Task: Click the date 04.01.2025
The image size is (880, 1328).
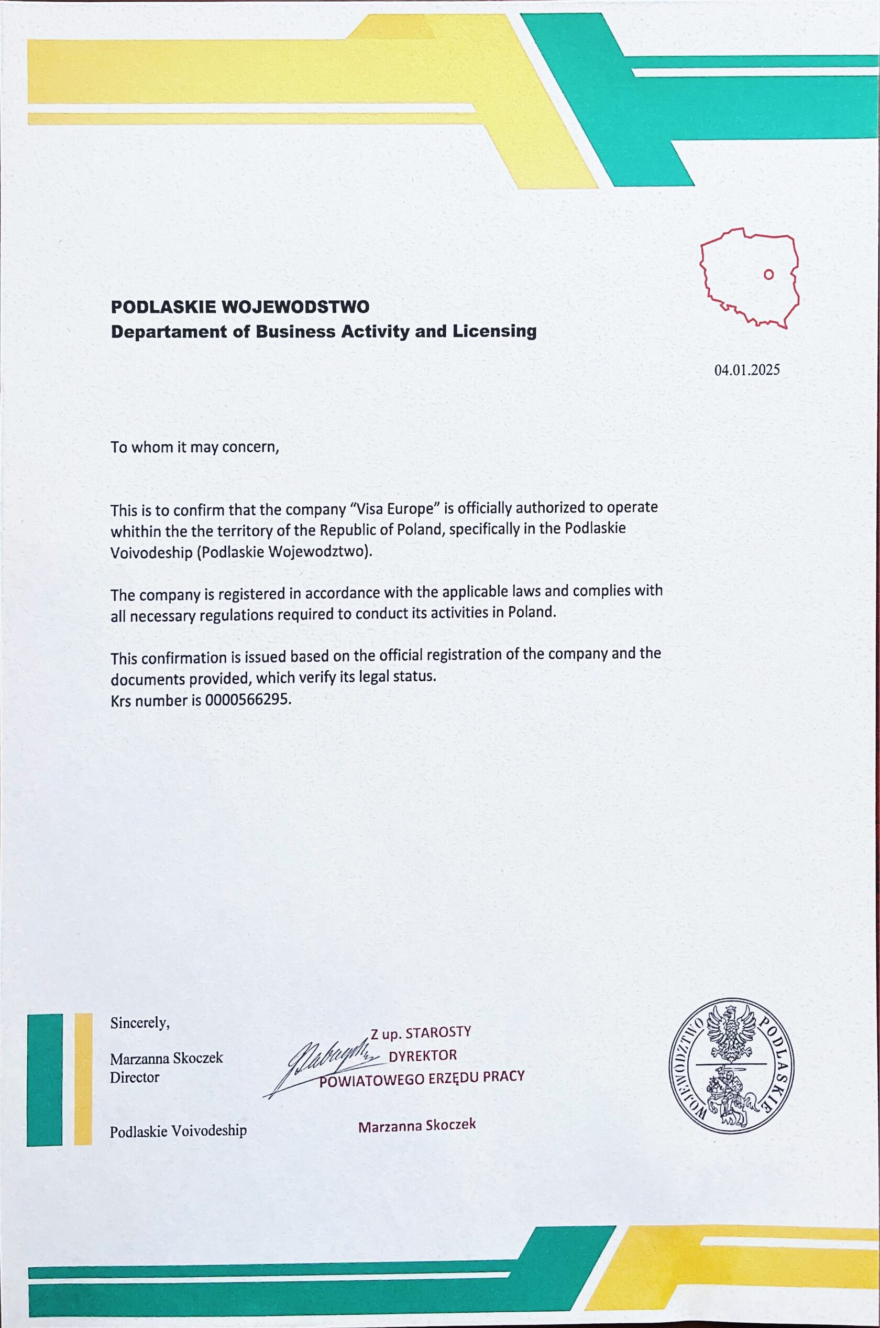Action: (x=746, y=370)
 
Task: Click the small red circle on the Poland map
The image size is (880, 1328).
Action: (x=769, y=274)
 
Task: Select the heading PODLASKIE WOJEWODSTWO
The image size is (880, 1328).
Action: (x=240, y=307)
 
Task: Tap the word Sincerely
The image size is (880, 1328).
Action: (x=140, y=1023)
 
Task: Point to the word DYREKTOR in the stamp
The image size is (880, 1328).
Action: (x=423, y=1055)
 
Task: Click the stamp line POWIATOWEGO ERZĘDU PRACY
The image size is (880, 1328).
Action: (x=422, y=1077)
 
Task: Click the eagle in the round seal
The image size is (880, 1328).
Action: (x=731, y=1033)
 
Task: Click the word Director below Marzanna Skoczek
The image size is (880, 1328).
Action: (x=135, y=1077)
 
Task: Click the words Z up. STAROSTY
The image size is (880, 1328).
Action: (x=420, y=1032)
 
